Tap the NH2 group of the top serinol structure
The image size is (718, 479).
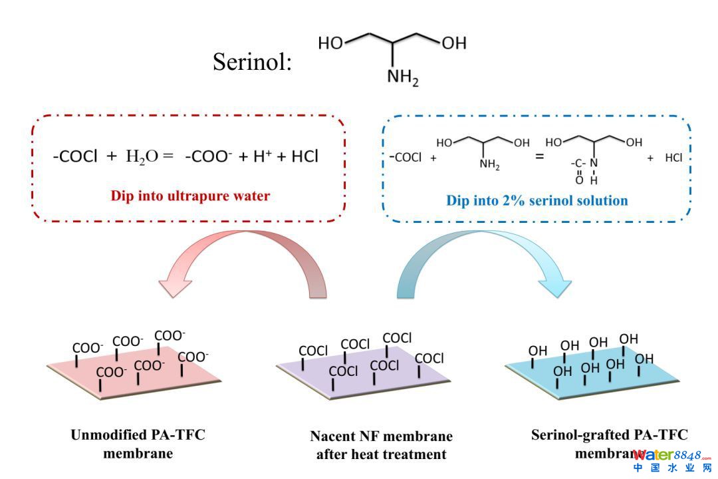coord(403,79)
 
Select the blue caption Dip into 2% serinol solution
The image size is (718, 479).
coord(537,200)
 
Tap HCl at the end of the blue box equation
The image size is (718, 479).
coord(674,159)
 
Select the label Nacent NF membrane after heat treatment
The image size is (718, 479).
coord(381,445)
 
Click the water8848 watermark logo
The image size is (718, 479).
coord(672,460)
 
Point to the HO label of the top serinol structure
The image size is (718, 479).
coord(331,43)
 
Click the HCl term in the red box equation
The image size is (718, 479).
coord(304,156)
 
